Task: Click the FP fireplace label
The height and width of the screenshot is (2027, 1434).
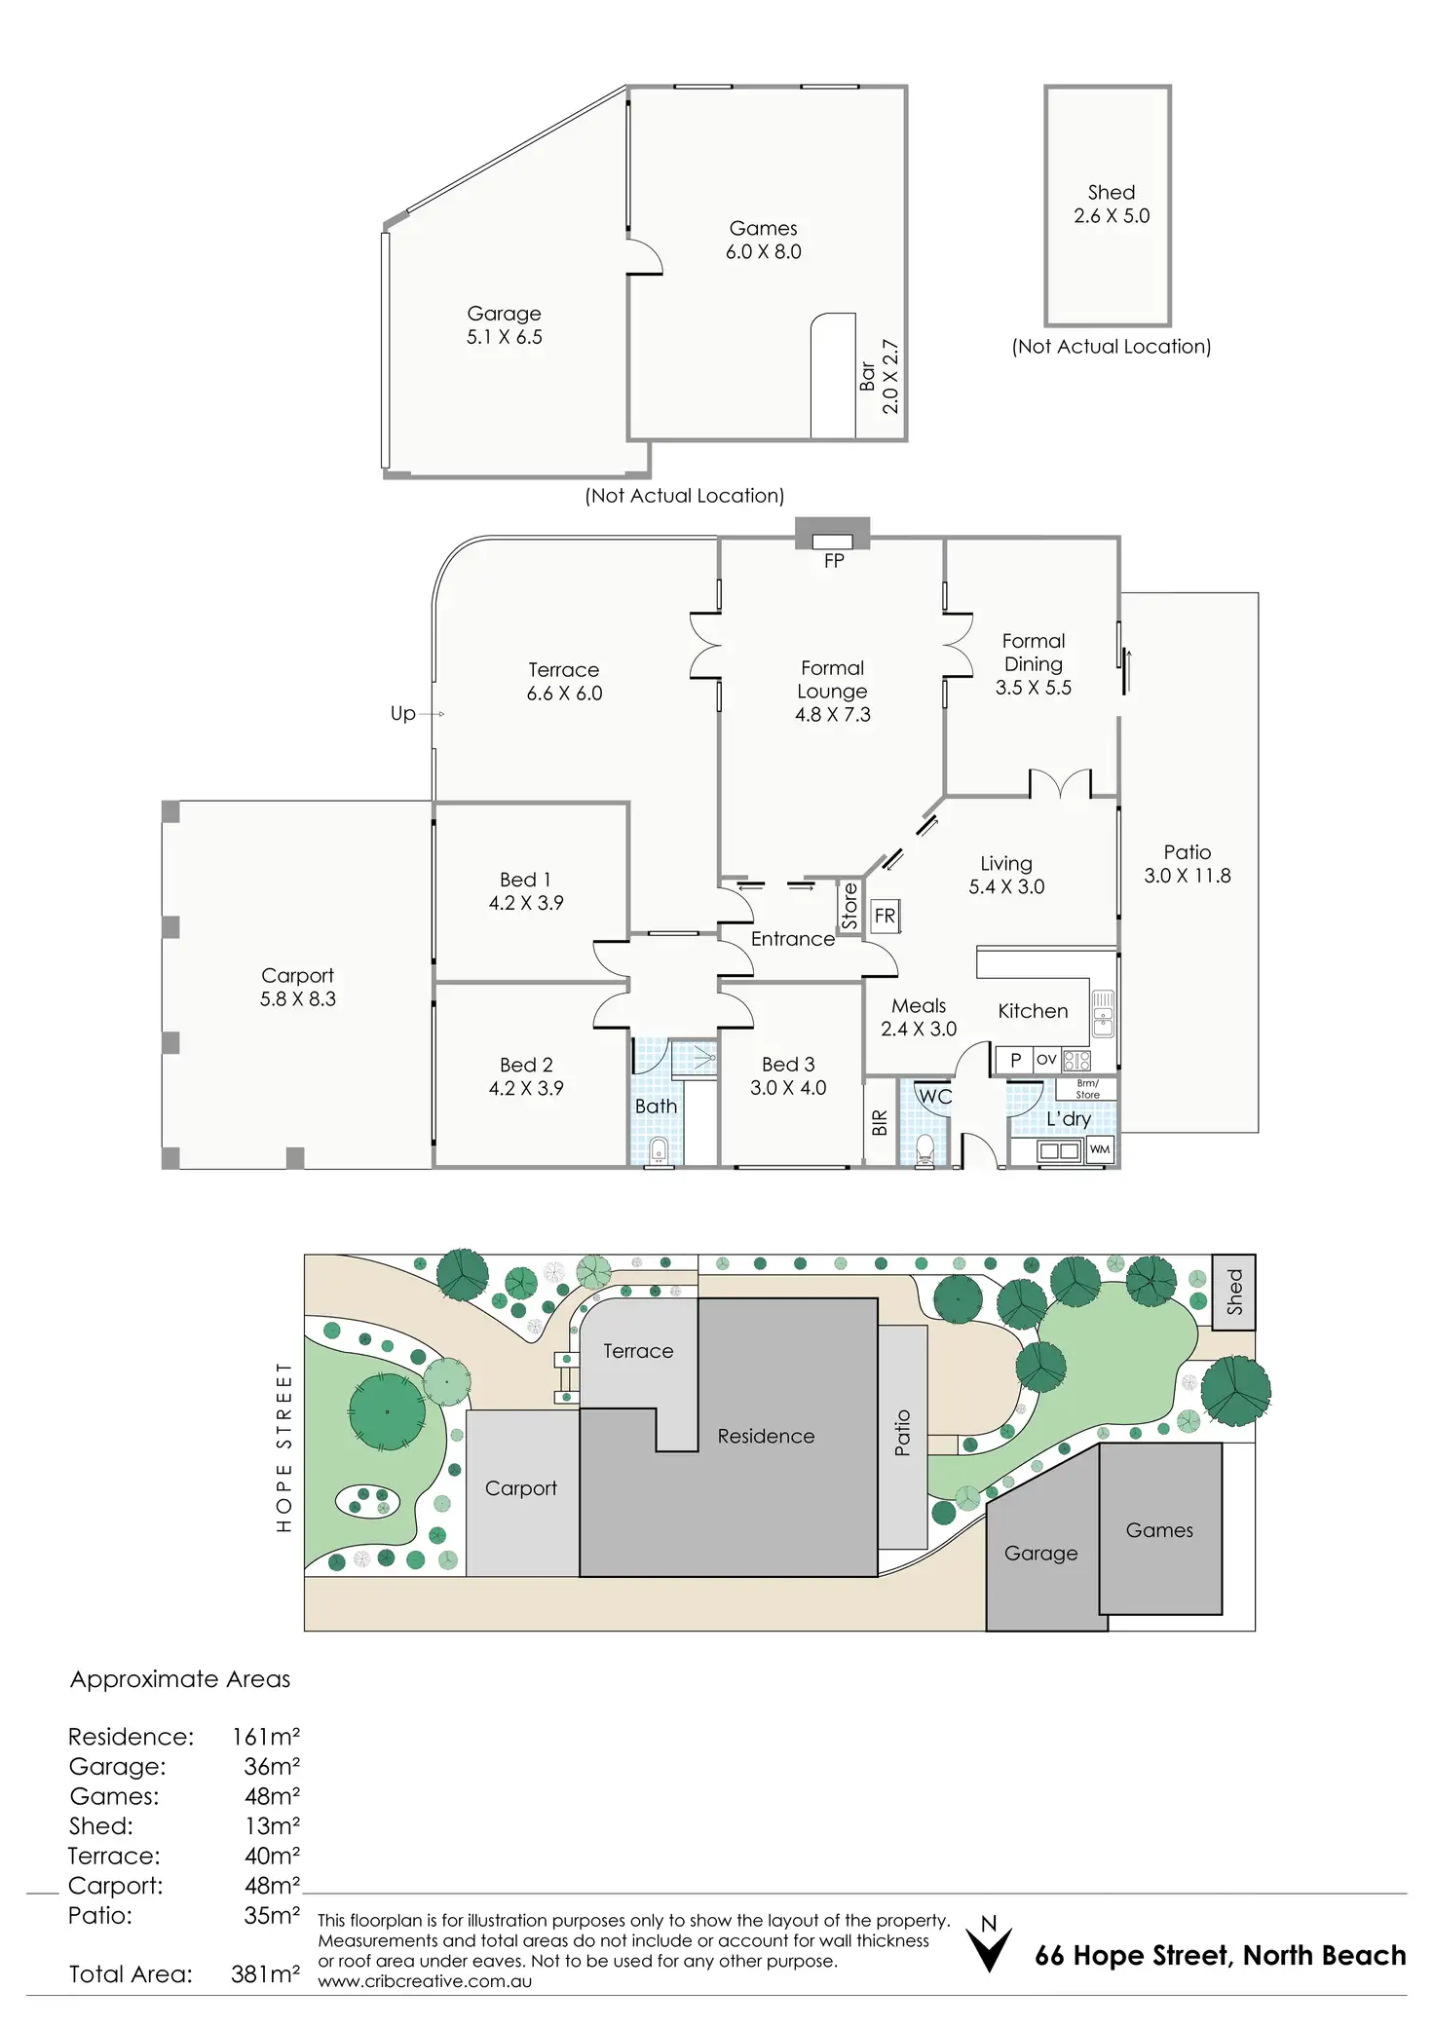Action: point(834,560)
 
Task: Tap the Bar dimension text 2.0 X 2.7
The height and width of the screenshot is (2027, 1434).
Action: point(890,377)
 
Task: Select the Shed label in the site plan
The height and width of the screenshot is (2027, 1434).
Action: point(1234,1292)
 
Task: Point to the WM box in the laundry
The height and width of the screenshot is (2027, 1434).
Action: point(1100,1149)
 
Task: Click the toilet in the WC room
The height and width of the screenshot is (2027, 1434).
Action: point(925,1149)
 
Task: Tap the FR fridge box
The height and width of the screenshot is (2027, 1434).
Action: point(885,916)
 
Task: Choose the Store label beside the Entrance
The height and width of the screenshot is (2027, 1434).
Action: point(849,906)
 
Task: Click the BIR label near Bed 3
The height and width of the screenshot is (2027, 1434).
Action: point(880,1123)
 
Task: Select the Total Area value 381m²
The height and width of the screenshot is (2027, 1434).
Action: point(265,1973)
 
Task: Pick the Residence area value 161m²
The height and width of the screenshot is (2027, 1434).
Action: point(265,1736)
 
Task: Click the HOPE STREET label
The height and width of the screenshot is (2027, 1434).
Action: point(284,1446)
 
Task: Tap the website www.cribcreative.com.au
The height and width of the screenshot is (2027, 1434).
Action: point(425,1980)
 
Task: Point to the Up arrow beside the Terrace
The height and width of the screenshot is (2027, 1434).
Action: point(432,714)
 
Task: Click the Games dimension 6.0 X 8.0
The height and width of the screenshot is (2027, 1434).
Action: point(764,251)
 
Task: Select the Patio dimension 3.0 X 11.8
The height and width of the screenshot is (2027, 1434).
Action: point(1188,876)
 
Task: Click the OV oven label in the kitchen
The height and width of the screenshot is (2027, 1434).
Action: point(1046,1059)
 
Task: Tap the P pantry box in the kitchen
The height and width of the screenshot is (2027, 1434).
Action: point(1014,1060)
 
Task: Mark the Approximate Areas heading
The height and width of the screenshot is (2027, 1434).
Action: point(180,1679)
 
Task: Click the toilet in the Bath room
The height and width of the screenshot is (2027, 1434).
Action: point(659,1149)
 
